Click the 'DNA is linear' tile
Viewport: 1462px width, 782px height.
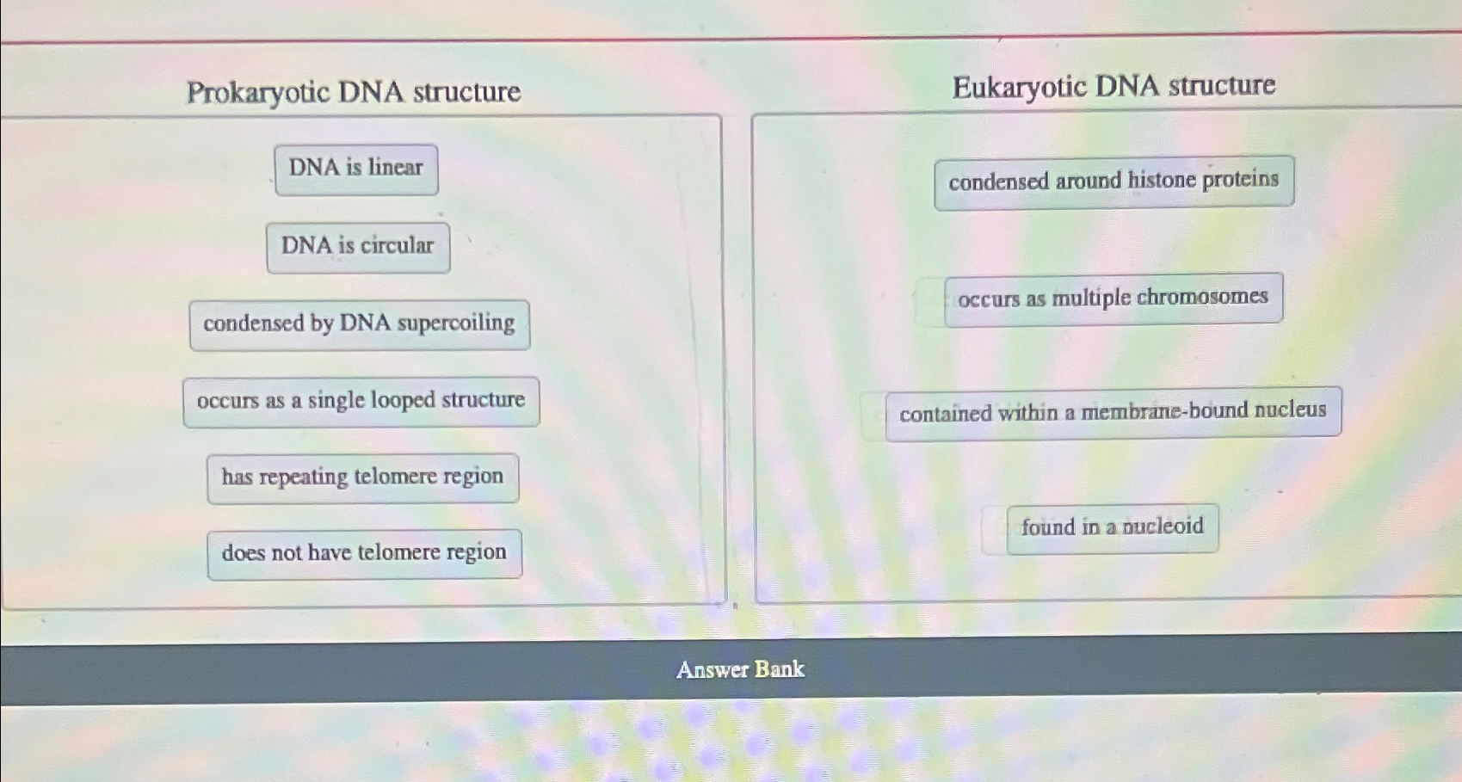[x=356, y=169]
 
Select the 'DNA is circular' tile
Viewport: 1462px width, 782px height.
[x=358, y=247]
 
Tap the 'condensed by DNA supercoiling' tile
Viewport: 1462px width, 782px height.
[x=359, y=324]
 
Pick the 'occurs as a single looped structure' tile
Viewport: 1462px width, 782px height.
[x=361, y=401]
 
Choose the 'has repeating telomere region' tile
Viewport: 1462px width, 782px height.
[x=362, y=477]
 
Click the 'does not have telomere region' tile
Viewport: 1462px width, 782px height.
[x=364, y=553]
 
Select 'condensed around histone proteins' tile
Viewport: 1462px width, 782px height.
[x=1113, y=182]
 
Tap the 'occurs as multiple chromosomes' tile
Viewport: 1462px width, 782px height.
[x=1113, y=299]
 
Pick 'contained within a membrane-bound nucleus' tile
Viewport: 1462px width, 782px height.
[x=1113, y=412]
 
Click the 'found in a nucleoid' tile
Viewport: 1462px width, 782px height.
[x=1112, y=527]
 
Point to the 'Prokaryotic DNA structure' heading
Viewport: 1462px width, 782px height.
[x=354, y=92]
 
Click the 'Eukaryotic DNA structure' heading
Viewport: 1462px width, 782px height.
[x=1113, y=86]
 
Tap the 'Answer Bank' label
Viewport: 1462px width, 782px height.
[x=740, y=669]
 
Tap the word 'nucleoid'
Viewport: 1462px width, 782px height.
[x=1163, y=526]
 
